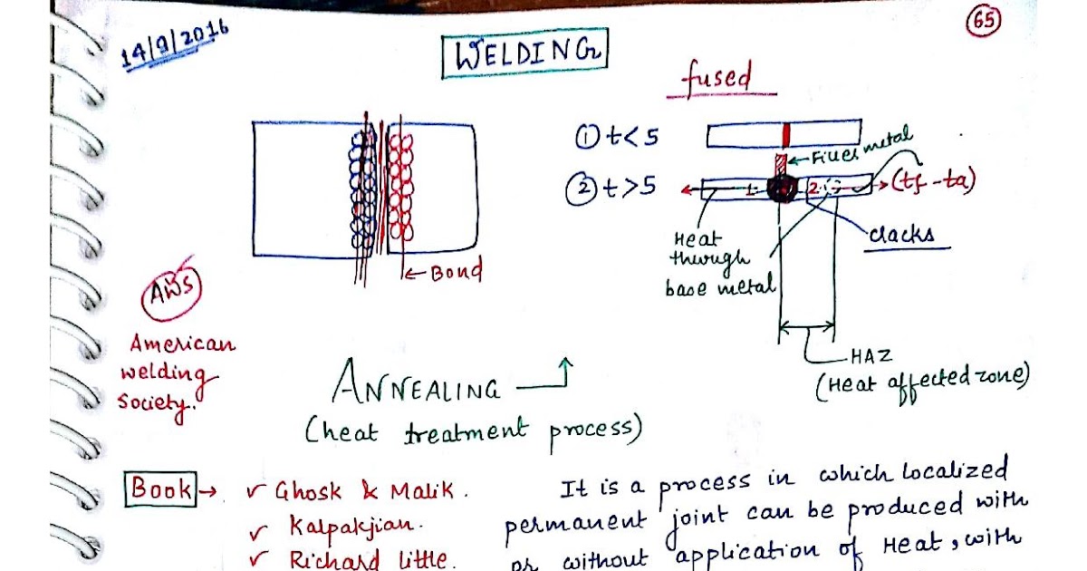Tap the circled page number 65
click(983, 22)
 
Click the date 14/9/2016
click(175, 45)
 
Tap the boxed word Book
click(161, 489)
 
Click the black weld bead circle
click(782, 189)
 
